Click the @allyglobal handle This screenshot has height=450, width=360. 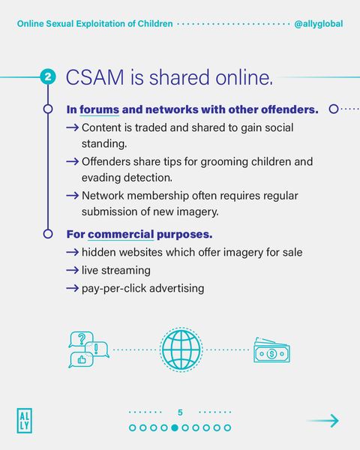319,24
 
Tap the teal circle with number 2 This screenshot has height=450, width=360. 47,77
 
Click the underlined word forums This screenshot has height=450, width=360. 100,109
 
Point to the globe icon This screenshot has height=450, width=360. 181,349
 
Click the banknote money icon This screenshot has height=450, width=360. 271,351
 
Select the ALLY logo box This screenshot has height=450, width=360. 24,420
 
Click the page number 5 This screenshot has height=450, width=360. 180,412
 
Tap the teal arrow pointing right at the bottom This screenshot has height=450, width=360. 322,421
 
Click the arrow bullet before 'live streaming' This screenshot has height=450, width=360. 73,270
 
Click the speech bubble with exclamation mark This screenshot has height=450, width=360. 98,349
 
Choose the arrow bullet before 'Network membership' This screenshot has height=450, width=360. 73,195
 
